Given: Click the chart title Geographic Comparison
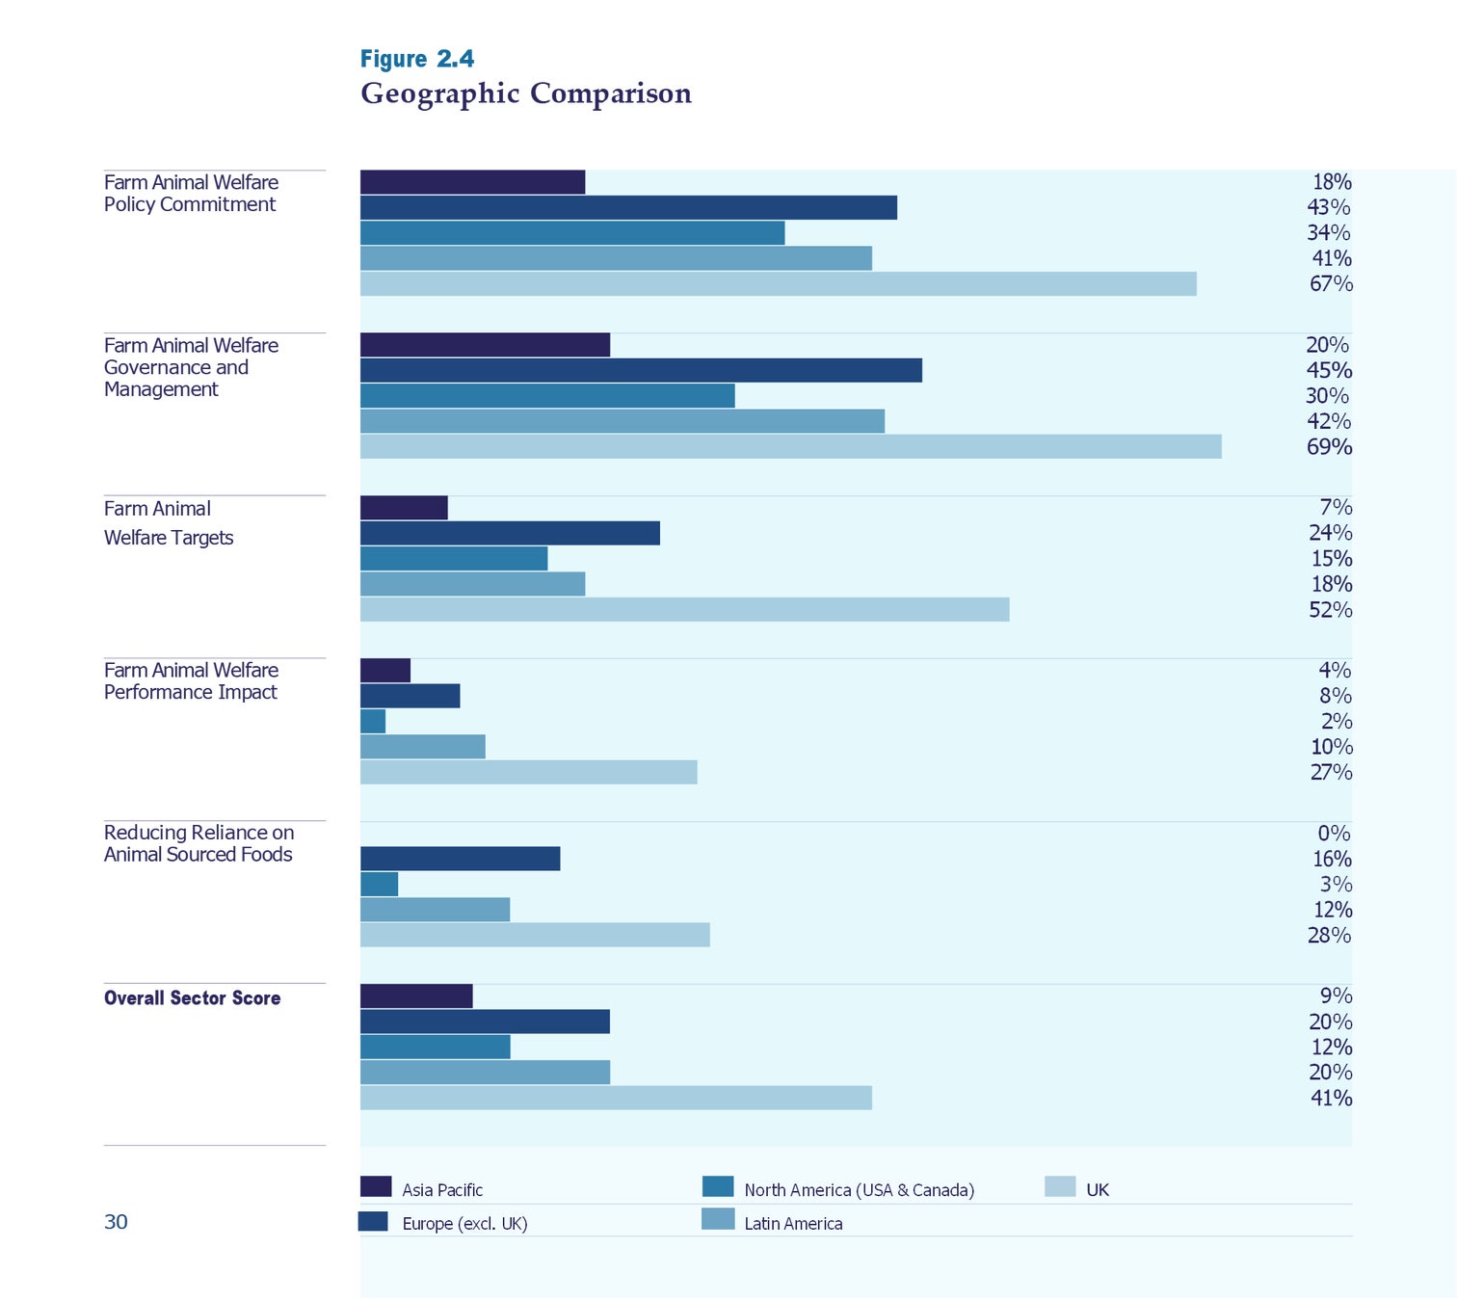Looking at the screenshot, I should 526,93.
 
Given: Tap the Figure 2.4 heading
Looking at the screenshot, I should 417,59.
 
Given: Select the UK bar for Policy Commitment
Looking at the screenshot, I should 778,283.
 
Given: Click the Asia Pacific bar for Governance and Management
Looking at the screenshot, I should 485,345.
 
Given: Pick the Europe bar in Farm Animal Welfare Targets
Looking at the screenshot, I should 510,533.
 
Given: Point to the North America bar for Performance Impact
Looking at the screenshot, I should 373,721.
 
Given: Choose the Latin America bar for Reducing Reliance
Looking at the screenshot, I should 435,910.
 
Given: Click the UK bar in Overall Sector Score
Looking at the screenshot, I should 616,1098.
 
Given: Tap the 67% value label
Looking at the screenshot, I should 1331,283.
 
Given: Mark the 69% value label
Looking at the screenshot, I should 1329,446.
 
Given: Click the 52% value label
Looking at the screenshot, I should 1330,609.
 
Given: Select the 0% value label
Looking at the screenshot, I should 1334,833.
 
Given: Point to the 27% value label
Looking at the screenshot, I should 1331,772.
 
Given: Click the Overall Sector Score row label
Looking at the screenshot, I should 192,998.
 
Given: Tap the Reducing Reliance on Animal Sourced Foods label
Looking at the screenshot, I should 199,843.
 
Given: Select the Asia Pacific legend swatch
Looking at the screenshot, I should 376,1186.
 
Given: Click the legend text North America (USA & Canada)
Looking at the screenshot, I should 859,1190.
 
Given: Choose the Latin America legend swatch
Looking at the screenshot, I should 718,1219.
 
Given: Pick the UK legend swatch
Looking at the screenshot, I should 1060,1186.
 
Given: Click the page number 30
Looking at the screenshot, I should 116,1222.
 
